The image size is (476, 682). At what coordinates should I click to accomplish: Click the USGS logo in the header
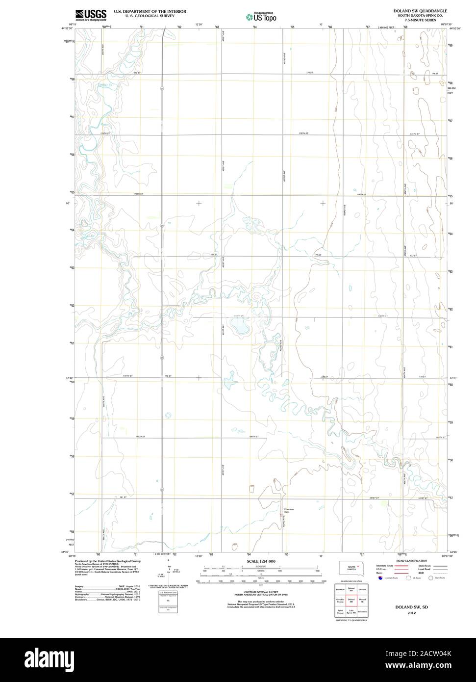91,14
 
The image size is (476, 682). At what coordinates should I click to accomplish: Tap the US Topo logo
262,16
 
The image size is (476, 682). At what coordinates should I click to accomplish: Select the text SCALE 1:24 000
260,561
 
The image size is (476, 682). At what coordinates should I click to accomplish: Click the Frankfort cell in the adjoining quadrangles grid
340,589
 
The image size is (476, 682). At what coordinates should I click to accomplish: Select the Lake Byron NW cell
351,612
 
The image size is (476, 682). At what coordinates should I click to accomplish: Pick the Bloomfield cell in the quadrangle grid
362,612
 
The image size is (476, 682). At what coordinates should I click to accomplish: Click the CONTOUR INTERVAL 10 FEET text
261,592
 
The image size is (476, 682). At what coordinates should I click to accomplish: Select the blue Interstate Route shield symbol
379,577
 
